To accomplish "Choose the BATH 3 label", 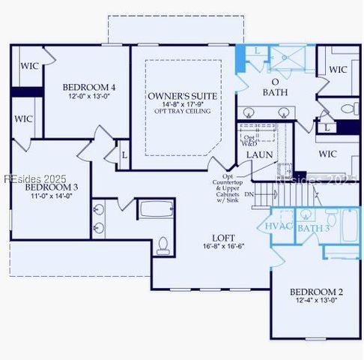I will point(314,227).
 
